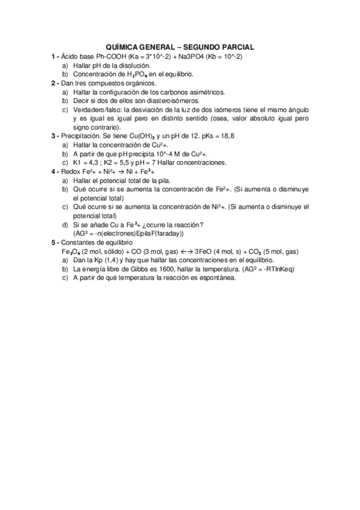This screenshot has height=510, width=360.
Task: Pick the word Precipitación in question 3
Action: pos(81,137)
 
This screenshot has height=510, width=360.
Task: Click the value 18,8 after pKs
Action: pos(226,137)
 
